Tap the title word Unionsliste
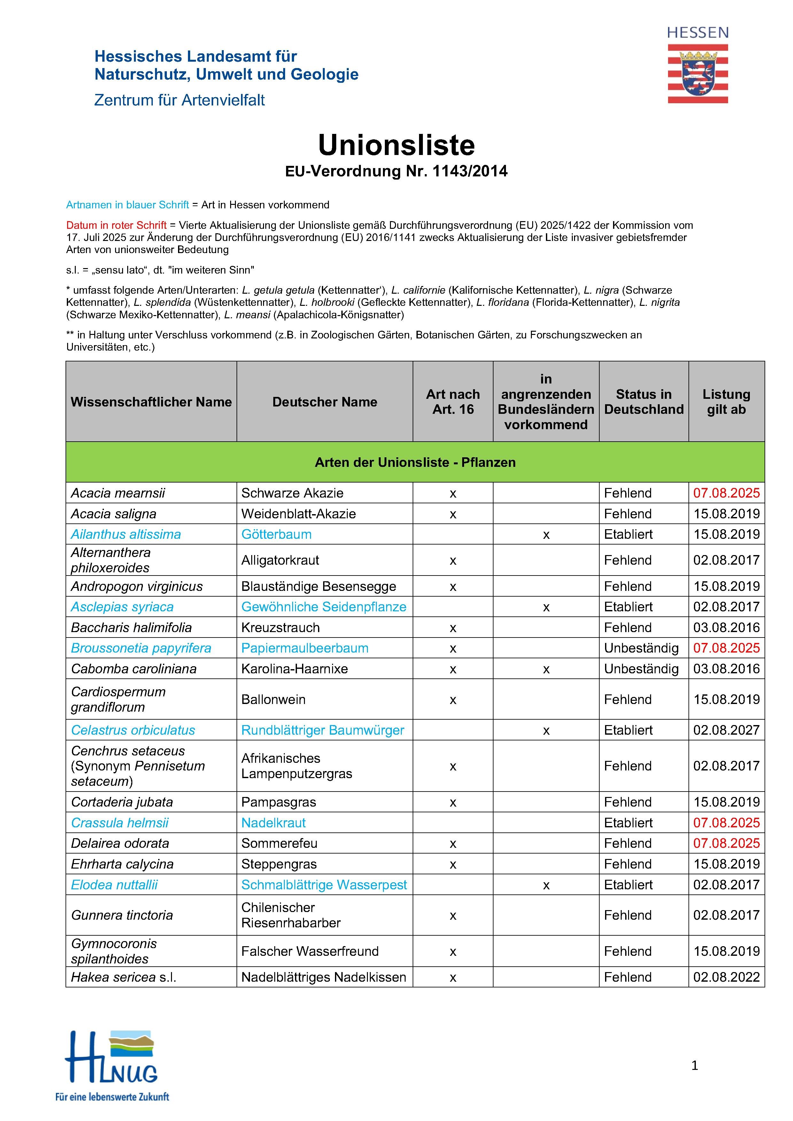pos(396,145)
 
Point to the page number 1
pos(694,1065)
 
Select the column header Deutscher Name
pos(325,402)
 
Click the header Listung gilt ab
pos(726,402)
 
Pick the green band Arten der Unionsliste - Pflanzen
pos(415,462)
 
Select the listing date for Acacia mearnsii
pos(726,493)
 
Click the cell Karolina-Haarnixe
pos(294,669)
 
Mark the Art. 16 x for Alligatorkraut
pos(453,560)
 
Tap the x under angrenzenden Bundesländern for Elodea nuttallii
pos(546,885)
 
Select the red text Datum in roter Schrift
pos(116,225)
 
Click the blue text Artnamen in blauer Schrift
pos(128,205)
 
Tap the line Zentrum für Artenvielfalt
pos(179,100)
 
